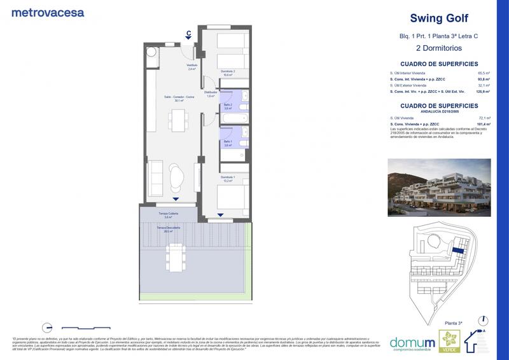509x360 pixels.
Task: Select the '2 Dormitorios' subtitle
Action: [439, 48]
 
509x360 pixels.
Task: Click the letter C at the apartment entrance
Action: [189, 33]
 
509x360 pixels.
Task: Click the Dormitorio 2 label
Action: [228, 72]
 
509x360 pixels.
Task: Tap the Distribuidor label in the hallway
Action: [211, 93]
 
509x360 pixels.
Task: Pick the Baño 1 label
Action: [228, 143]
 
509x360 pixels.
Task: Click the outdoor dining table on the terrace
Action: [175, 256]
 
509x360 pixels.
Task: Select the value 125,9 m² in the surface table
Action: [482, 92]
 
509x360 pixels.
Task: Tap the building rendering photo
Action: [439, 188]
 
